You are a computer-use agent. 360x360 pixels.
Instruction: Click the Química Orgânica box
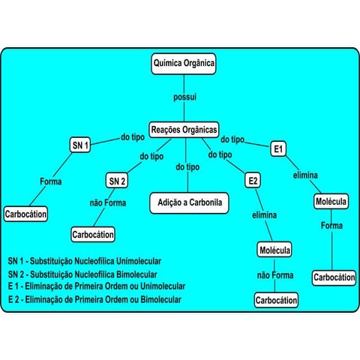click(184, 64)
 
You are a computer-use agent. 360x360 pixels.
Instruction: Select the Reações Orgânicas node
click(184, 128)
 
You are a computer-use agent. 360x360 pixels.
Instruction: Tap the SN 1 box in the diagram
click(80, 145)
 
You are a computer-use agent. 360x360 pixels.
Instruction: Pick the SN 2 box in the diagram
click(117, 181)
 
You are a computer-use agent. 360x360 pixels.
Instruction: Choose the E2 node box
click(253, 181)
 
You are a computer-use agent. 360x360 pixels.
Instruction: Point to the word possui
click(184, 98)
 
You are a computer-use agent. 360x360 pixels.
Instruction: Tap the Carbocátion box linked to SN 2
click(93, 235)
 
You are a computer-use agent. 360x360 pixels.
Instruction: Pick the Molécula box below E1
click(331, 202)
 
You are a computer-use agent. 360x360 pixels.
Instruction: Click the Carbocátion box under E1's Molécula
click(334, 277)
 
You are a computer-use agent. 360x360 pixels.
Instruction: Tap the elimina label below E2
click(265, 215)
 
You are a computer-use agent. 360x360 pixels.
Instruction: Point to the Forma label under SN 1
click(51, 181)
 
